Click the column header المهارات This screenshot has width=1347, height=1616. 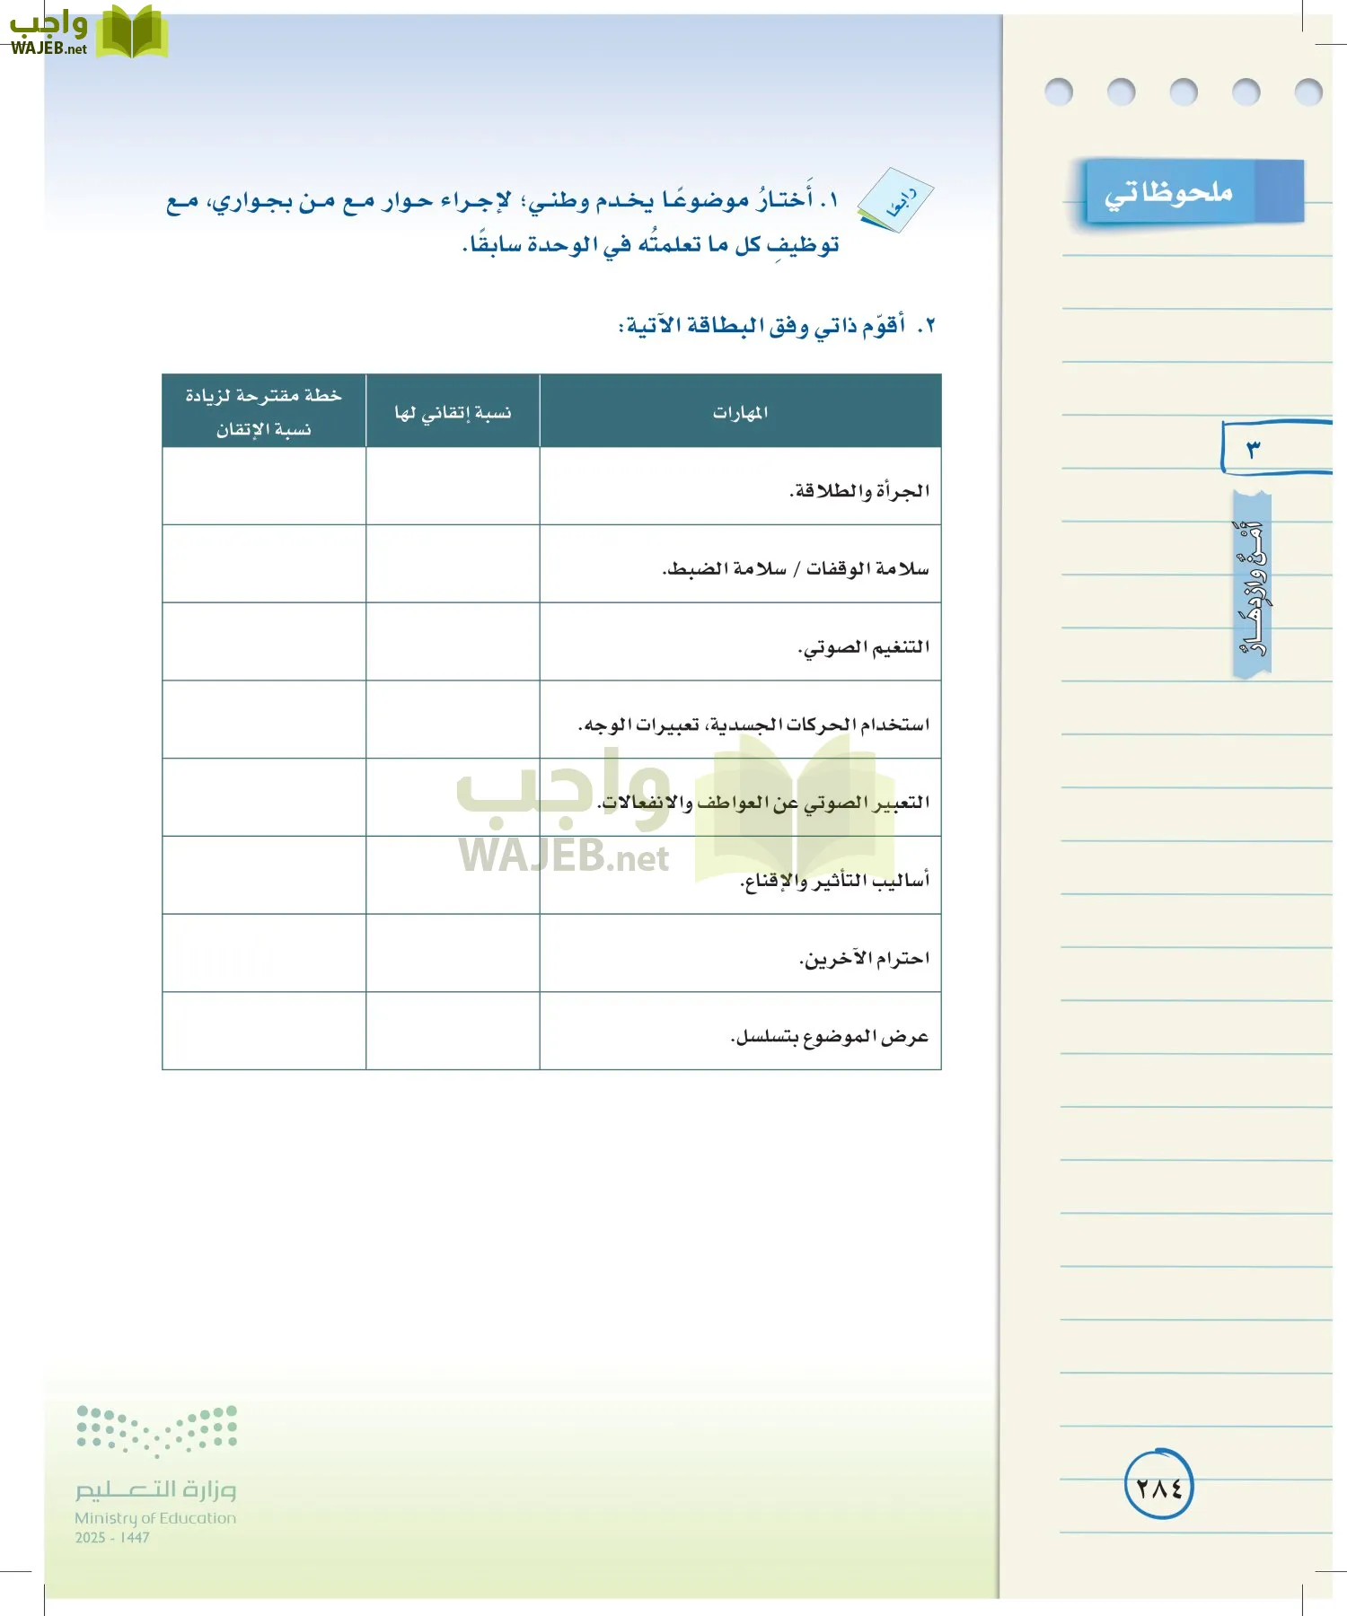[740, 412]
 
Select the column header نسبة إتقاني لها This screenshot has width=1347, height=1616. [453, 412]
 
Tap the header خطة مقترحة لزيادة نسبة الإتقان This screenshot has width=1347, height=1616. [264, 412]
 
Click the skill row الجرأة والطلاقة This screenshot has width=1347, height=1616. [859, 490]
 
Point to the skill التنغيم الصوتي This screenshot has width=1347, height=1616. [864, 646]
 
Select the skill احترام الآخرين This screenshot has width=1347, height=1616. [864, 959]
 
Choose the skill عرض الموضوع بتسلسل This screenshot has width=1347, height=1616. [830, 1037]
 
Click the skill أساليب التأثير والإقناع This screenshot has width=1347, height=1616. [834, 881]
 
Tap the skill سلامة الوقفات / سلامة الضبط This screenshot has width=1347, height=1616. [796, 568]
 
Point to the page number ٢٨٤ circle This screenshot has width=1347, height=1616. [1158, 1487]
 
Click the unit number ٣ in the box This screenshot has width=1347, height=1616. [1254, 448]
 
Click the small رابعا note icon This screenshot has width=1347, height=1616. [896, 200]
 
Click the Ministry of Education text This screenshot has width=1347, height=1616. [155, 1518]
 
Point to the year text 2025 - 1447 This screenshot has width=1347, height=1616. [112, 1538]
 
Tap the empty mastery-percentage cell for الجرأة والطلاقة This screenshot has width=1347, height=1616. [453, 486]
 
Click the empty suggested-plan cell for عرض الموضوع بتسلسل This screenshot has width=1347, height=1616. [264, 1031]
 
